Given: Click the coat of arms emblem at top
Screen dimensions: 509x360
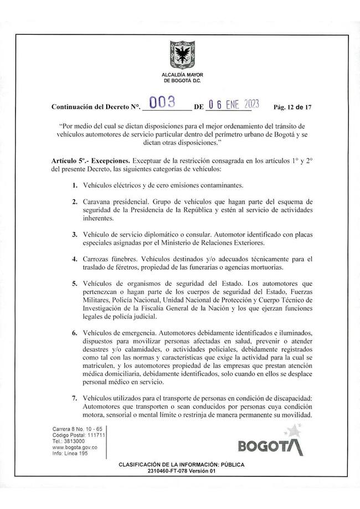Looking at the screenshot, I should click(x=181, y=53).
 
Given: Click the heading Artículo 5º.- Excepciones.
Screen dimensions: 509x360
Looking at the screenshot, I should click(x=90, y=159).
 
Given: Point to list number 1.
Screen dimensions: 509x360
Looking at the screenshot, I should click(x=74, y=185).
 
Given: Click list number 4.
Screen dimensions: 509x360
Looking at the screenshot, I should click(x=74, y=259).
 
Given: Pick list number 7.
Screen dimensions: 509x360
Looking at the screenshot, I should click(x=74, y=398).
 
